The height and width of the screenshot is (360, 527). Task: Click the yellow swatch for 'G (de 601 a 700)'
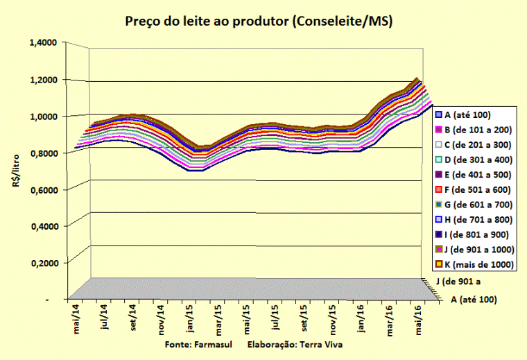tap(439, 204)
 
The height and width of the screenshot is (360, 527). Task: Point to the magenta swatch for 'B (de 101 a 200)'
tap(439, 129)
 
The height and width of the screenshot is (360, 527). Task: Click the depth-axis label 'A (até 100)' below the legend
tap(474, 300)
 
